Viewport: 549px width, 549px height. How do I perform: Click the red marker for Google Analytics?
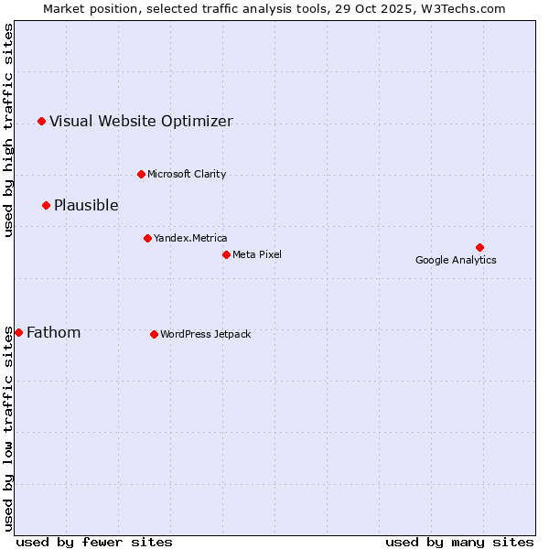click(x=479, y=247)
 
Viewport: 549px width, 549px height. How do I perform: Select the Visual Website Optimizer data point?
click(x=41, y=121)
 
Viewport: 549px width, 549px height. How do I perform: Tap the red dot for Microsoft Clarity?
click(x=141, y=174)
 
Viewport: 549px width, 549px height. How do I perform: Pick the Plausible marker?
click(x=46, y=205)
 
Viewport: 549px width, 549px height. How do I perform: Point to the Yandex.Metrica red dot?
click(x=147, y=238)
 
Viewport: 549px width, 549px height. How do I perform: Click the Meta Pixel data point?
click(x=226, y=254)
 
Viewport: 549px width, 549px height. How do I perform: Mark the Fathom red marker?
click(x=18, y=332)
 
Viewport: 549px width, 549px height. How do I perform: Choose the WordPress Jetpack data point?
click(x=154, y=334)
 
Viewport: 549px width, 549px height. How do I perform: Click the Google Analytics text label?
click(x=456, y=261)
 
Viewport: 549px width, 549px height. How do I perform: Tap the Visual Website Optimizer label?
click(x=141, y=122)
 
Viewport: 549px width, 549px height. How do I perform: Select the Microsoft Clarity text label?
click(x=187, y=175)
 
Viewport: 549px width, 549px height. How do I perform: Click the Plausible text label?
click(x=86, y=206)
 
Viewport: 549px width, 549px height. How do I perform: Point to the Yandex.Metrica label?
click(x=190, y=239)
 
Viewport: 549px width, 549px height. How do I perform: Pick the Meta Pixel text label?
click(x=257, y=255)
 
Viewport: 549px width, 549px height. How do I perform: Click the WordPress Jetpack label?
click(x=205, y=335)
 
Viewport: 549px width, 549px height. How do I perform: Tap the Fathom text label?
click(x=53, y=333)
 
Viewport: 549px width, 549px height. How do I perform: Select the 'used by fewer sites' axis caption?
click(x=94, y=543)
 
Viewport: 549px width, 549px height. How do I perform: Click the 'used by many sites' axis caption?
click(x=459, y=543)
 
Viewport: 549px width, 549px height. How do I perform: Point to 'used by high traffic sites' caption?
click(x=8, y=130)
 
